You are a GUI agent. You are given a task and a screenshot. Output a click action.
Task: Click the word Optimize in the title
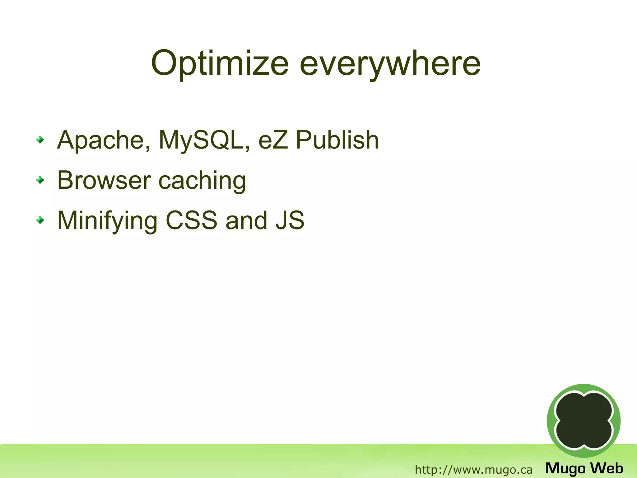[x=220, y=64]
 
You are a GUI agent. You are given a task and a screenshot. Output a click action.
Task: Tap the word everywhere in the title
[x=390, y=64]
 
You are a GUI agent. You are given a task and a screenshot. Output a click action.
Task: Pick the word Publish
[x=337, y=140]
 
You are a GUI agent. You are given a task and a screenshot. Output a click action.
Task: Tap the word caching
[x=202, y=181]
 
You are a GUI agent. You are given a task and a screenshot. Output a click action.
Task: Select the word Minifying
[x=107, y=221]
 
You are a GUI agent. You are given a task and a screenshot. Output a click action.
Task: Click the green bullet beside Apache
[x=40, y=140]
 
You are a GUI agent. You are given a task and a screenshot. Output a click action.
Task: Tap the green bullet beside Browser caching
[x=40, y=180]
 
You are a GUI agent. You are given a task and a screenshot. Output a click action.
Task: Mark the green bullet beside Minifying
[x=40, y=220]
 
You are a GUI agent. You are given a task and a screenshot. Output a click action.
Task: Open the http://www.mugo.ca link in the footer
[x=473, y=469]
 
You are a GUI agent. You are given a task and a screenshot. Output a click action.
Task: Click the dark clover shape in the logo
[x=584, y=420]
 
